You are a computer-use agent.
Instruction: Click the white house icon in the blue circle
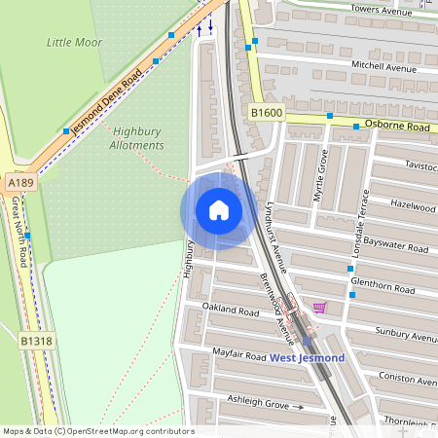(219, 209)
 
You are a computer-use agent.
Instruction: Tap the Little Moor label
(74, 42)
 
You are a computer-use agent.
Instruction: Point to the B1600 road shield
(266, 114)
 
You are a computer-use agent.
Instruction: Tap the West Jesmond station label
(307, 358)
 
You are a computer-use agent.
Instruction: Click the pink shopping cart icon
(320, 307)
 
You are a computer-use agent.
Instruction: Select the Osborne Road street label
(397, 127)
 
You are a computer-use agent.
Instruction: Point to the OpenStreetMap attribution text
(97, 431)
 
